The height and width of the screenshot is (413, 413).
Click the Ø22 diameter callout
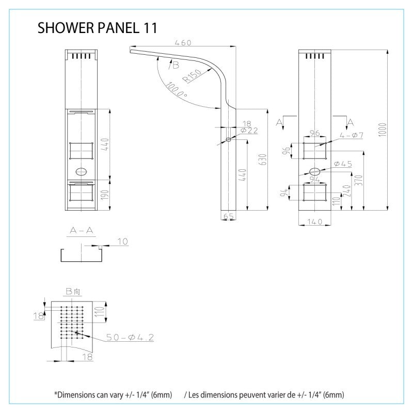(x=249, y=131)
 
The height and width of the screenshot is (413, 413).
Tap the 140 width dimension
(x=314, y=221)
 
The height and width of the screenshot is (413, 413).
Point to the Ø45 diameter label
(x=343, y=164)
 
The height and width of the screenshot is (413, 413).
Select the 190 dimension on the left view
(x=105, y=196)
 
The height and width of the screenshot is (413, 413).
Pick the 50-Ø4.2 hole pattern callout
(x=130, y=337)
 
